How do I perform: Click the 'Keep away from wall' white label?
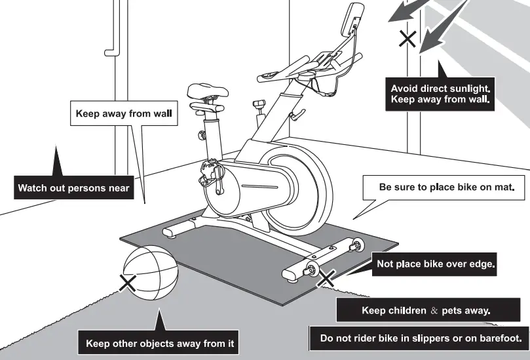[123, 113]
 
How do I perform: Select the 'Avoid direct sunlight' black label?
[440, 93]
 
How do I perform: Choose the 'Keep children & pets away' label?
[425, 310]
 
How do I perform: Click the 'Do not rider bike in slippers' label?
[419, 339]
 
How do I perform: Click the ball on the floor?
[151, 273]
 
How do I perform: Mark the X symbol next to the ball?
[127, 283]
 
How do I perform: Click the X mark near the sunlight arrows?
[407, 39]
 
